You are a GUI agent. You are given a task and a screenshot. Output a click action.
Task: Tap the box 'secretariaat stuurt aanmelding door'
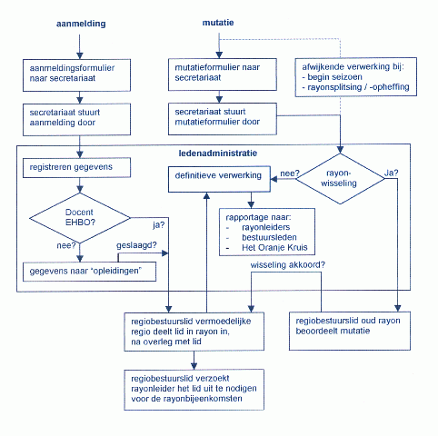pos(80,117)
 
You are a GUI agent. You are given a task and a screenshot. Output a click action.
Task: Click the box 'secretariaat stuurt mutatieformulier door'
pos(220,117)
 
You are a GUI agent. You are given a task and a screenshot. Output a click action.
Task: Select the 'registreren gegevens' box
pos(80,168)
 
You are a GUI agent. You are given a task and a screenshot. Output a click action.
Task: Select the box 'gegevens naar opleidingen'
pos(89,271)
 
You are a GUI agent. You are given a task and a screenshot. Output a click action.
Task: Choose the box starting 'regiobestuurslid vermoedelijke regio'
pos(194,332)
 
